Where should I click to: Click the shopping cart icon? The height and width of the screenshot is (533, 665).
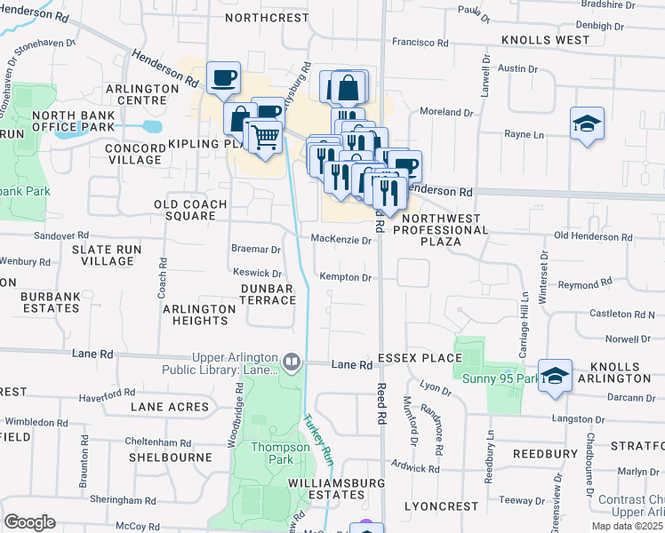(264, 137)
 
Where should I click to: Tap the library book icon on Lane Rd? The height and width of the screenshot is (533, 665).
(290, 362)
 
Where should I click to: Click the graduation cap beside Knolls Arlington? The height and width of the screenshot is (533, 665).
(555, 376)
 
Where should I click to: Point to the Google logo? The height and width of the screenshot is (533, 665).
(29, 521)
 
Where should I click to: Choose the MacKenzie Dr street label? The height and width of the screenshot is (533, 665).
(341, 239)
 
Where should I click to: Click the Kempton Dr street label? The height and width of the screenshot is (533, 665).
(345, 277)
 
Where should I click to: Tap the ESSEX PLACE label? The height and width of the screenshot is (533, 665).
(420, 358)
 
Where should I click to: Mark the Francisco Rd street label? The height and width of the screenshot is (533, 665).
(421, 42)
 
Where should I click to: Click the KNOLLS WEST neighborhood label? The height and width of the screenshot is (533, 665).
(545, 40)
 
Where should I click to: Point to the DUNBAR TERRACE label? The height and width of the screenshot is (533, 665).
(268, 294)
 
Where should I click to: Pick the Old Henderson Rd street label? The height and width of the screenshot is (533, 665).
(592, 237)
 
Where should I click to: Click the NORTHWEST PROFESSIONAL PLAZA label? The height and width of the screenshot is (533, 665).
(442, 229)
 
